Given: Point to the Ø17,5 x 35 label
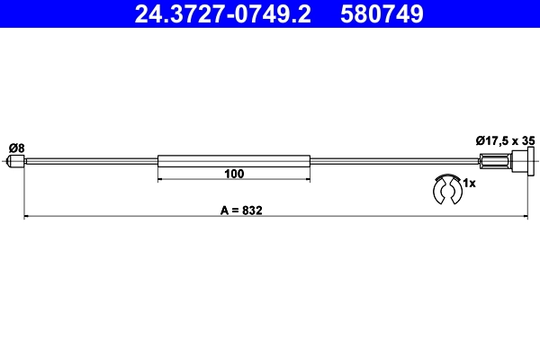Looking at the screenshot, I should click(506, 140).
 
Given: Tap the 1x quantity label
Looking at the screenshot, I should click(468, 184).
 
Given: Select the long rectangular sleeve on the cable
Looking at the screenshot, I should click(234, 162).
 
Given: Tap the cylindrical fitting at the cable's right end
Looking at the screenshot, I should click(496, 162).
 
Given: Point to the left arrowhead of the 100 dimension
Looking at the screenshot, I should click(161, 180).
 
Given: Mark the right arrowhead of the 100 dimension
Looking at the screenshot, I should click(307, 180).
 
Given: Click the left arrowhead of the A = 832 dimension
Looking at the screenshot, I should click(26, 217).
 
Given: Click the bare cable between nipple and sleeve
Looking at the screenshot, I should click(90, 162).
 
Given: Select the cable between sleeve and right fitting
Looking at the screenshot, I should click(396, 162).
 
